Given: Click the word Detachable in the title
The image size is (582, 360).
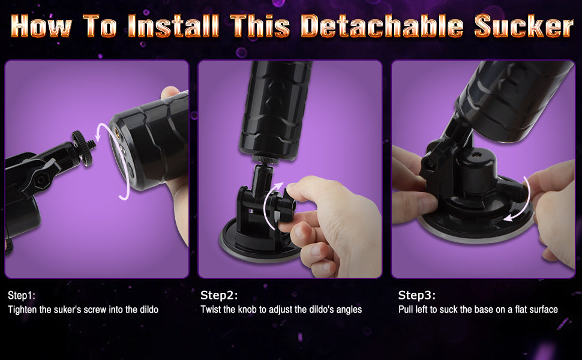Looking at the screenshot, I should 383,27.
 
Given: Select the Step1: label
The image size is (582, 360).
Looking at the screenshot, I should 22,295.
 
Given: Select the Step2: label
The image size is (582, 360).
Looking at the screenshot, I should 219,295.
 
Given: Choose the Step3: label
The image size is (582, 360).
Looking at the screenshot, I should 417,295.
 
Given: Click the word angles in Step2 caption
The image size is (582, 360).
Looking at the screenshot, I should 349,310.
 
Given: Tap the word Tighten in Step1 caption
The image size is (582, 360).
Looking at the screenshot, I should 23,310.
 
